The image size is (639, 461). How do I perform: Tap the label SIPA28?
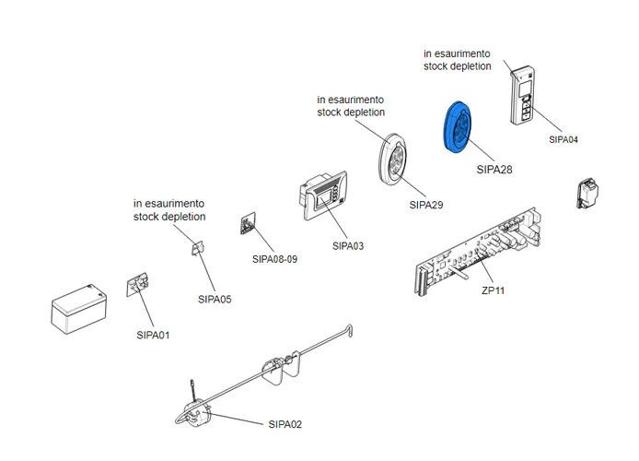tap(494, 170)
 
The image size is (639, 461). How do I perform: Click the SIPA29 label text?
tap(426, 204)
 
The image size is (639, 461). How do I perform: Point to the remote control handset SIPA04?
tap(525, 93)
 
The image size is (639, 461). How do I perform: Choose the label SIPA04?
tap(563, 139)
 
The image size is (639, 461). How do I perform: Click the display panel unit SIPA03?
tap(323, 196)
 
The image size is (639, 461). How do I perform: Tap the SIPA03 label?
tap(348, 246)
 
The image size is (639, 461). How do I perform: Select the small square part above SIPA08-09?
tap(249, 224)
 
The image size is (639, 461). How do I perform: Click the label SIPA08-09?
tap(274, 259)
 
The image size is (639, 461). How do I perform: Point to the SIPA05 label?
tap(215, 299)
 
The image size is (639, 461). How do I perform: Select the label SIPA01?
tap(152, 335)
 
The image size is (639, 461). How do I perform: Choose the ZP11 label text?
tap(494, 290)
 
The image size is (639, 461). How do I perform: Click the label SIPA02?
tap(285, 425)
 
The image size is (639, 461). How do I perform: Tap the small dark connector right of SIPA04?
tap(586, 192)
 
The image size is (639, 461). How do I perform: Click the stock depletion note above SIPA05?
tap(169, 210)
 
